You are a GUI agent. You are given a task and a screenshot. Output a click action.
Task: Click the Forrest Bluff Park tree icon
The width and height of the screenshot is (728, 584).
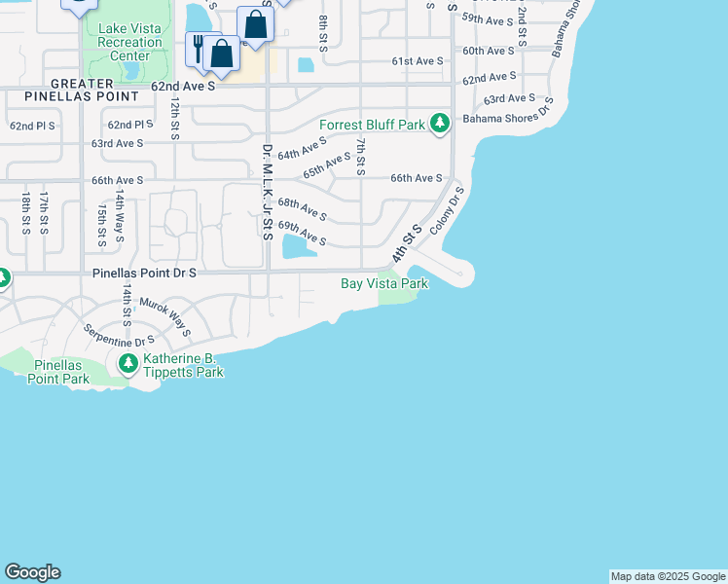point(441,123)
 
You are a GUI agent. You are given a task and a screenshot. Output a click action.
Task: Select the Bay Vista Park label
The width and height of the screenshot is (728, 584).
point(384,283)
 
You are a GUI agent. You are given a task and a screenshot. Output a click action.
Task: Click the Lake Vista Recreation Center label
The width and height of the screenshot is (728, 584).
point(129,42)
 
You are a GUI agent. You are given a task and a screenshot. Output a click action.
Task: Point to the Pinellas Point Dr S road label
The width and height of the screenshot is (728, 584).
point(145,274)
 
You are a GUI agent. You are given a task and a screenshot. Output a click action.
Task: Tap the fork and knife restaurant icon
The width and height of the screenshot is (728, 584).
point(199,46)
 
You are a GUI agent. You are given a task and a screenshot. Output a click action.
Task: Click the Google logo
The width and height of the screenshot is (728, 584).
point(32,572)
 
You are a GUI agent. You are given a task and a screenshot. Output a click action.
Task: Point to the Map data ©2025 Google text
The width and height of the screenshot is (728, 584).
point(668,576)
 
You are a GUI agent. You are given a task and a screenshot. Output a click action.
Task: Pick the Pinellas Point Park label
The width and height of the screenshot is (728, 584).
point(61,372)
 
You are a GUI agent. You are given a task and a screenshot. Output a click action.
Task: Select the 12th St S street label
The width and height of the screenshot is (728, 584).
point(174,118)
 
